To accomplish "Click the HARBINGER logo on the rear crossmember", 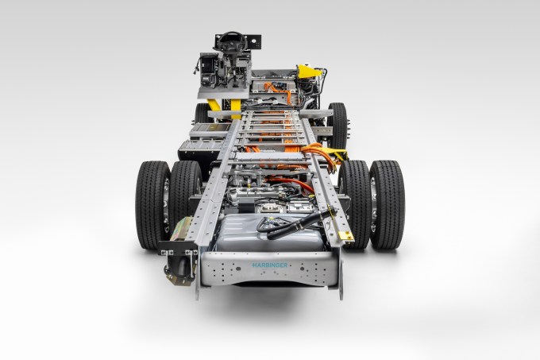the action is [269, 265].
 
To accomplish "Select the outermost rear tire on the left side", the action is [153, 204].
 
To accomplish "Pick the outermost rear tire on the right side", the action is [387, 204].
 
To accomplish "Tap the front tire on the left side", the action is [202, 113].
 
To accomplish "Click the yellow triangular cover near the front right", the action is [309, 72].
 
